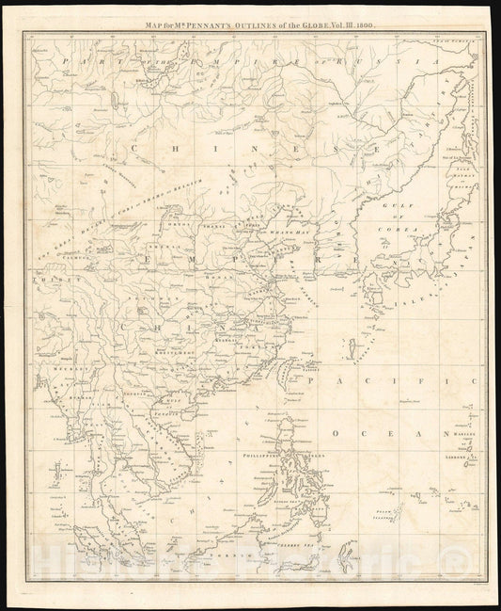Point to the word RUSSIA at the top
[x=405, y=61]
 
